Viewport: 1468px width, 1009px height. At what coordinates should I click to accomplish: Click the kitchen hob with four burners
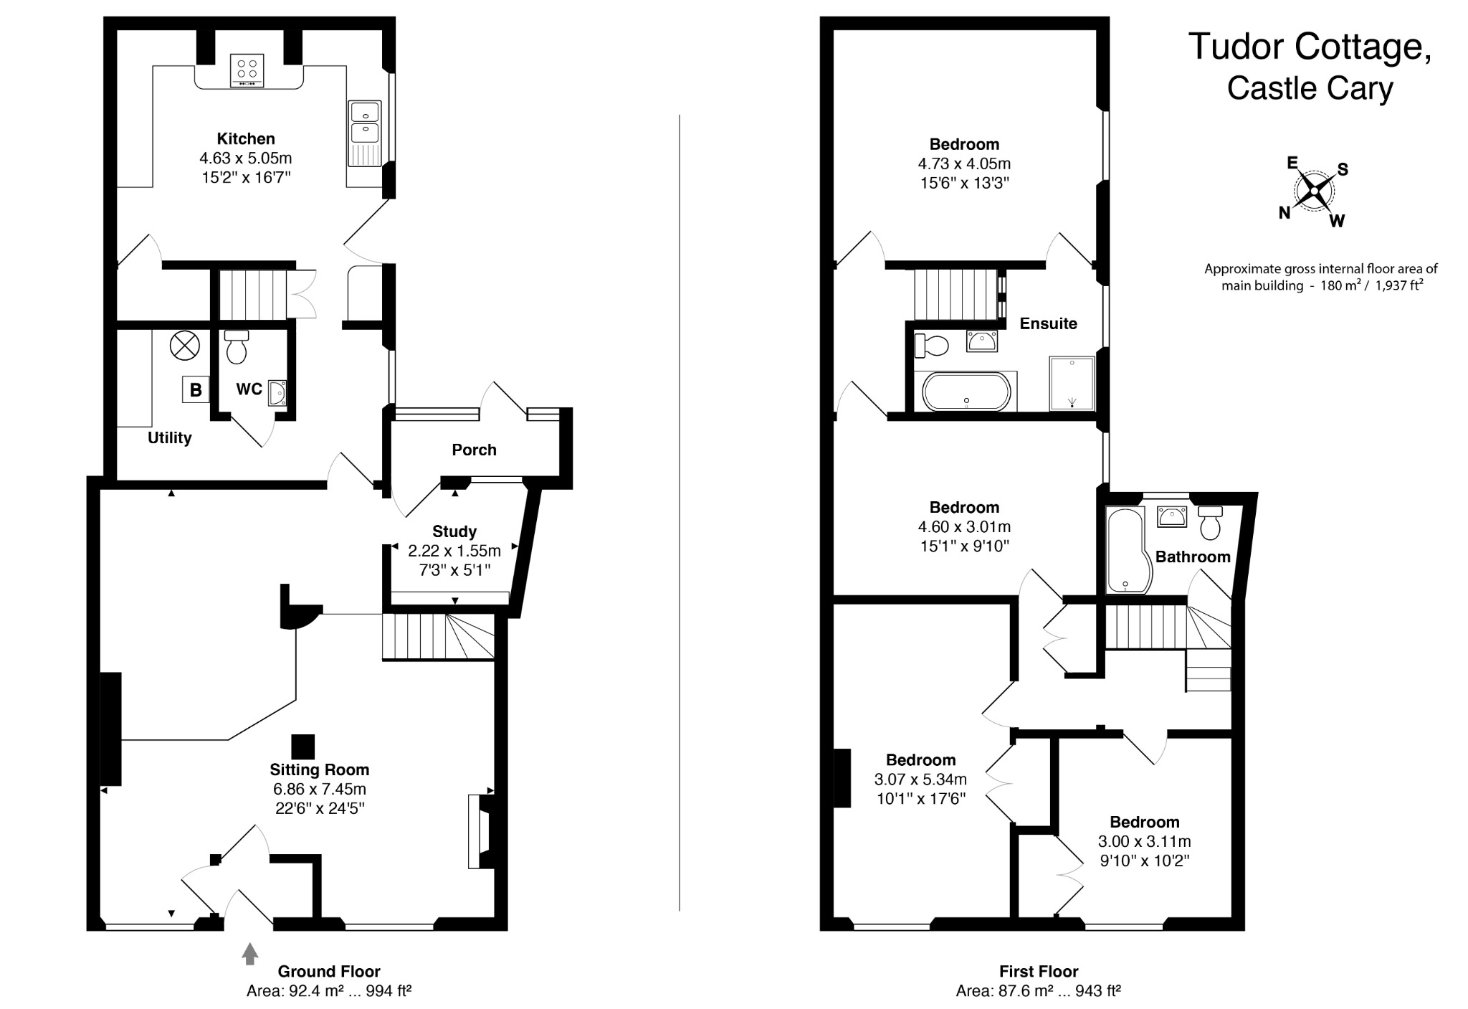click(x=247, y=70)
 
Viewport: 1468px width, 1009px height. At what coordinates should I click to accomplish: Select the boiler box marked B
click(x=195, y=389)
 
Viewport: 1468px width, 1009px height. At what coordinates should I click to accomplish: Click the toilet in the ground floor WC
click(x=236, y=346)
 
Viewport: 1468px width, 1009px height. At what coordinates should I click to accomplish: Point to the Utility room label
click(x=170, y=437)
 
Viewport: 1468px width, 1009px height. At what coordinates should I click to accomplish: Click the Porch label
click(x=474, y=450)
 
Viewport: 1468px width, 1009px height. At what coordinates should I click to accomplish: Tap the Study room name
click(x=454, y=531)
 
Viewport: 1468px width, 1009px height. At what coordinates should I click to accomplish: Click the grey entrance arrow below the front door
click(x=249, y=954)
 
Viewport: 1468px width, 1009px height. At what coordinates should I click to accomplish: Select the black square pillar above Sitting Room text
click(x=303, y=747)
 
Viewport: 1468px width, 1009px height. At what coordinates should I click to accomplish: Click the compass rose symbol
click(x=1314, y=191)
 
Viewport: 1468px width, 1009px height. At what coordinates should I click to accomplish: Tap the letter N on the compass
click(x=1284, y=212)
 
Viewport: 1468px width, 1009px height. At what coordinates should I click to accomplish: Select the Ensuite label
click(x=1048, y=323)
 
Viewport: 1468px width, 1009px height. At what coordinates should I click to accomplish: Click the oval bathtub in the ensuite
click(x=966, y=392)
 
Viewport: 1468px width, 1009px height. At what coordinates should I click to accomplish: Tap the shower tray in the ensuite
click(x=1072, y=383)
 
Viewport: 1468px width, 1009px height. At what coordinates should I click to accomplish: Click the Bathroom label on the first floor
click(x=1193, y=556)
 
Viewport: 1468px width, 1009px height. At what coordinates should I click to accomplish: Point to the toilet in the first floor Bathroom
click(x=1211, y=524)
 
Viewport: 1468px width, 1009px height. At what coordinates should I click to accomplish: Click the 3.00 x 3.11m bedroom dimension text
click(x=1144, y=841)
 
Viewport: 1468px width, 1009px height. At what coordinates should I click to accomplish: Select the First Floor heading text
click(x=1039, y=972)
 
